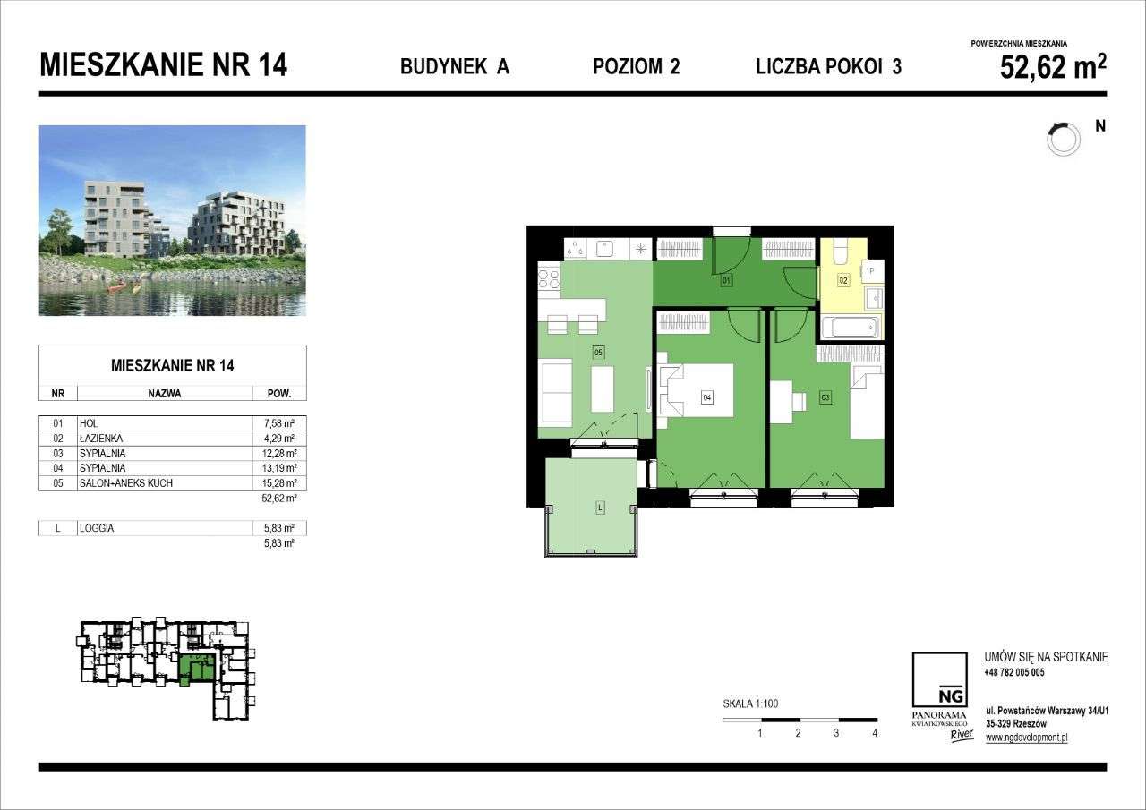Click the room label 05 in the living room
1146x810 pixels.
pos(598,353)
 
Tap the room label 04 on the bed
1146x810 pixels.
pos(707,396)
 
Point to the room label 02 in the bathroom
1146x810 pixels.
pos(843,280)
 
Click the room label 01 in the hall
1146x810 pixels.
pos(726,281)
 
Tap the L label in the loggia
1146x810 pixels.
pos(599,508)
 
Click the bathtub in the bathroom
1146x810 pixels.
pos(851,327)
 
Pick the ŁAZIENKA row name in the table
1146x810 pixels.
pos(100,439)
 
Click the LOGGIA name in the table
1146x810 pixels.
pos(97,529)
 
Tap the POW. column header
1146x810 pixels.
pos(280,393)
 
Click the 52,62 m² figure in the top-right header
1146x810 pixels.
pos(1053,67)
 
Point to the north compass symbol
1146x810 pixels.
pos(1063,138)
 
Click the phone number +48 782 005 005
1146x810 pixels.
pos(1013,672)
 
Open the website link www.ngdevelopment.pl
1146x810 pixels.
pos(1026,738)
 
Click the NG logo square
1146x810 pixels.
pos(939,680)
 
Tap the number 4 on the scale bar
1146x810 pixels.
pos(875,733)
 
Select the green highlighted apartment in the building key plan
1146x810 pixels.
pos(197,668)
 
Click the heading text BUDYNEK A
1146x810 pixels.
pos(455,66)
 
